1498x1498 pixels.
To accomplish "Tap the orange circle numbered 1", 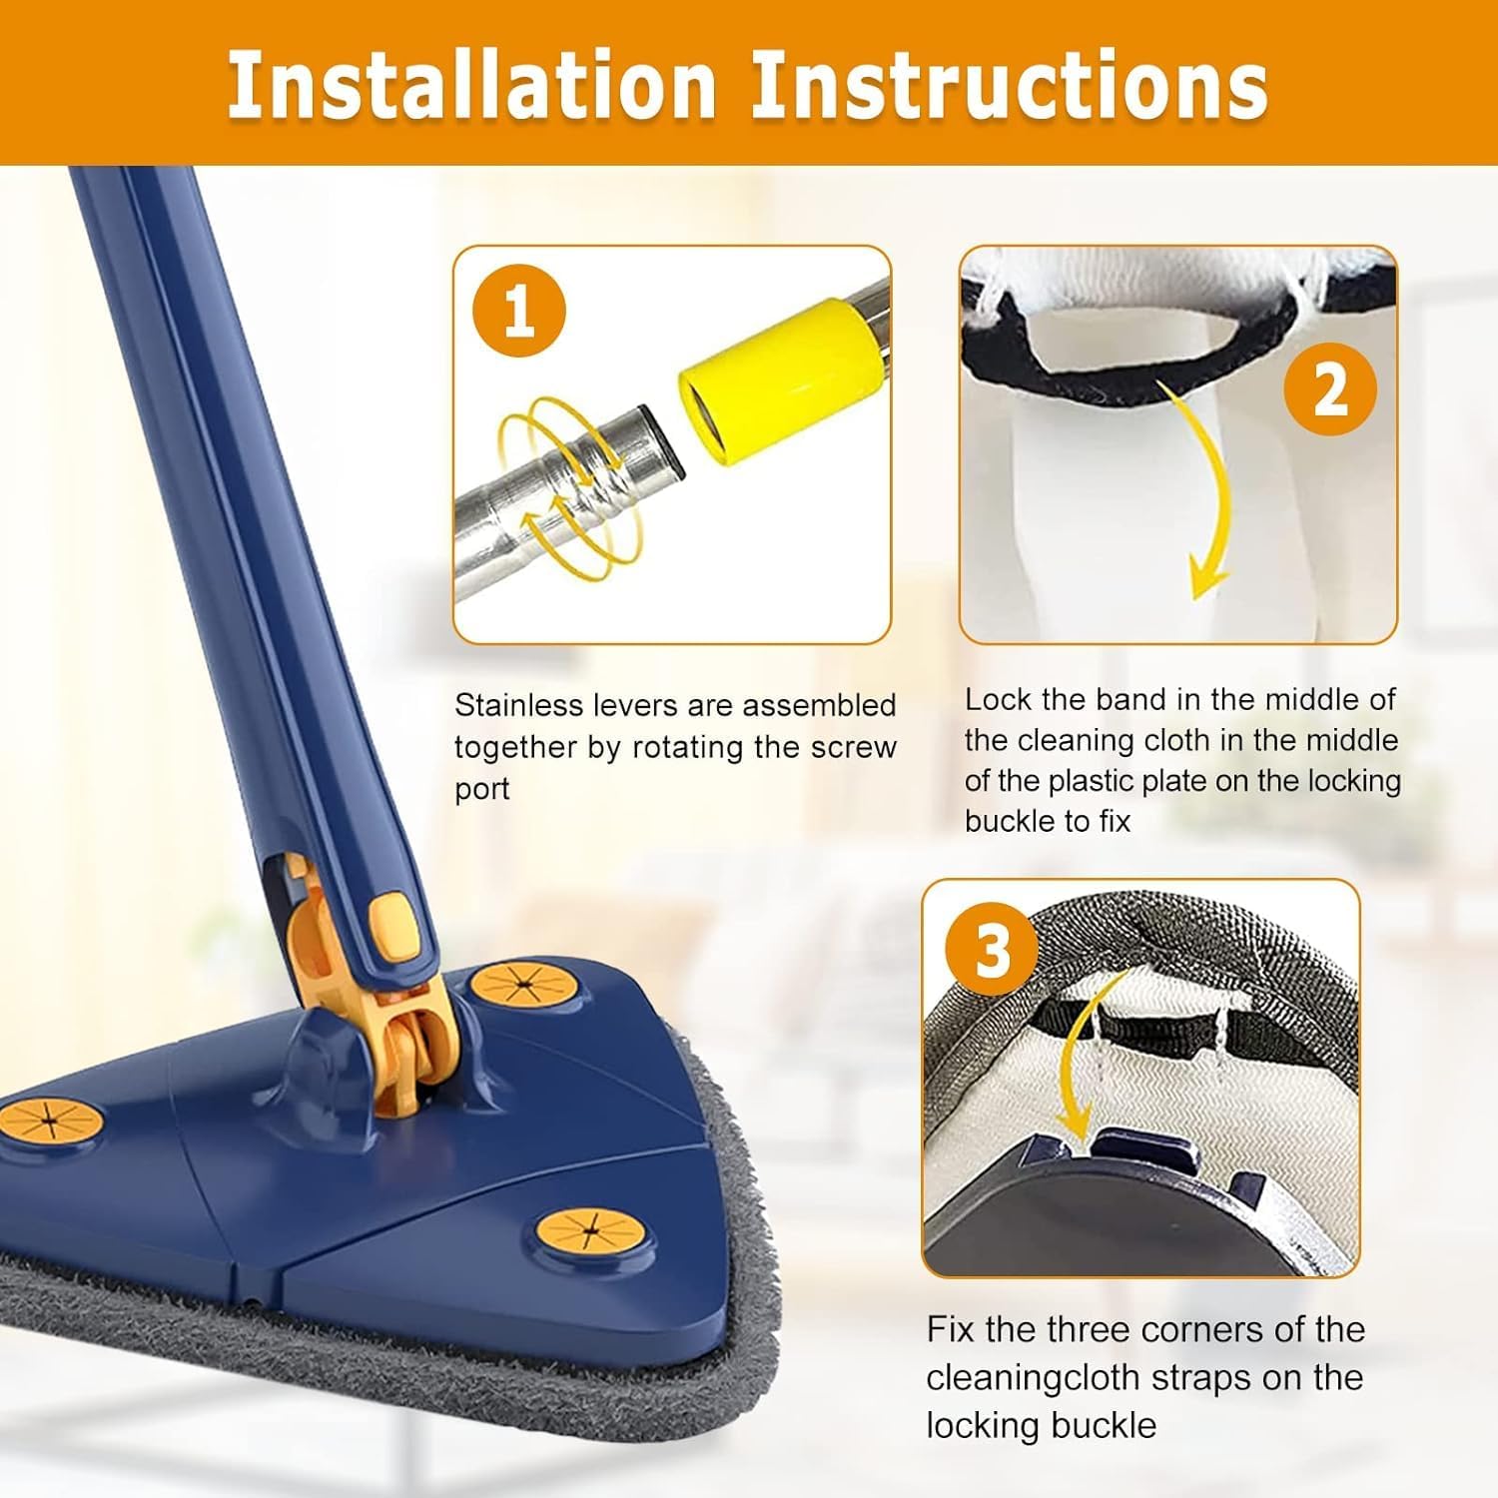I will click(518, 311).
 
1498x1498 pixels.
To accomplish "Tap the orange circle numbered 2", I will click(1329, 388).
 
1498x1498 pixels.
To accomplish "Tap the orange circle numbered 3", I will click(992, 949).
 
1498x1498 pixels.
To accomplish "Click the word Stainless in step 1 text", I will click(519, 705).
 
